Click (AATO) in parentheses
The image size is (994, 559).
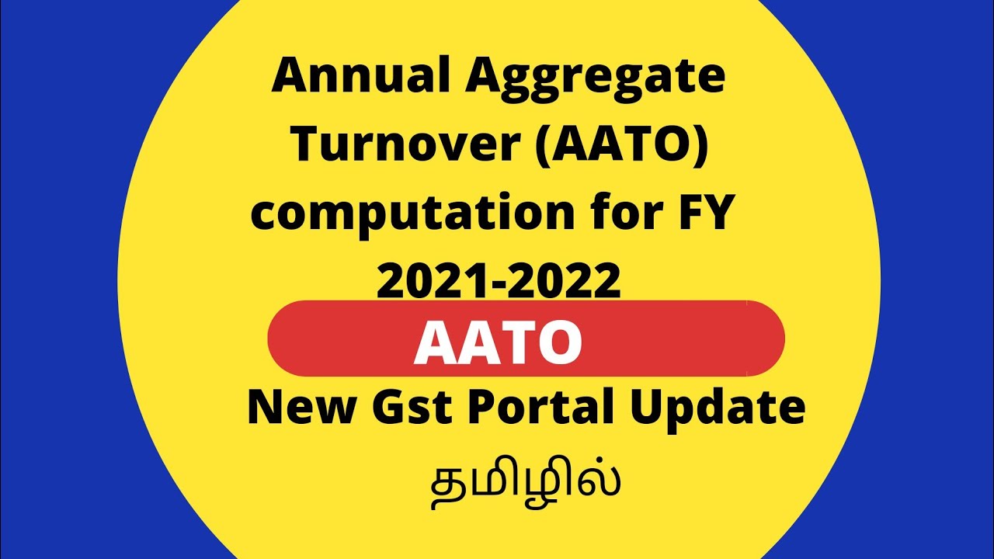point(634,145)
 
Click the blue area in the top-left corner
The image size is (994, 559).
point(47,47)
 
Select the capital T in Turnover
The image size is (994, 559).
point(310,144)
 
